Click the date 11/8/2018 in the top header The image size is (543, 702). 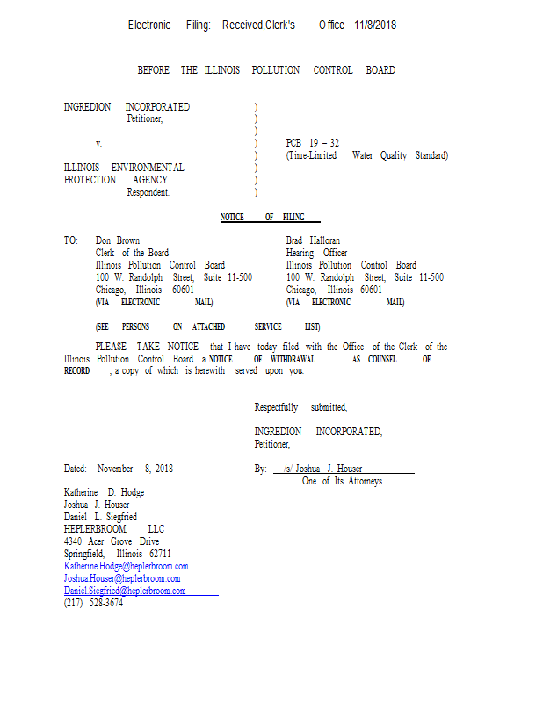point(375,25)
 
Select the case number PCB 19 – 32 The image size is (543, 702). point(313,143)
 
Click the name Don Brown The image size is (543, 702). point(118,240)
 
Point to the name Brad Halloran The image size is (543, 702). point(313,240)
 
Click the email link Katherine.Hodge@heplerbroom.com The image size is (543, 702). point(126,566)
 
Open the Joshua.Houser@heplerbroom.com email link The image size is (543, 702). point(122,578)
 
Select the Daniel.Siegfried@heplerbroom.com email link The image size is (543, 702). point(125,591)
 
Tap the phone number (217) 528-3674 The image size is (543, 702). point(93,603)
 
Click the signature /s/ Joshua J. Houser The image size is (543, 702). point(322,469)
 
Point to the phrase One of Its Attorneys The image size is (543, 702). point(342,481)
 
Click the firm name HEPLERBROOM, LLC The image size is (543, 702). point(114,529)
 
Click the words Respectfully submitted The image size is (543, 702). point(300,407)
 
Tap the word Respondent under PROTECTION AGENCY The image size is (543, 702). point(148,192)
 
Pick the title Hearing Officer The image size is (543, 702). point(316,253)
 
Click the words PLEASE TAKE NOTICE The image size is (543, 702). point(147,347)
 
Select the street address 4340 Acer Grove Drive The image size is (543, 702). point(112,541)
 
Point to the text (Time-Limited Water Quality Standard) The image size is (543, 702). point(367,155)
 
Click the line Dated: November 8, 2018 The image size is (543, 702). point(119,469)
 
